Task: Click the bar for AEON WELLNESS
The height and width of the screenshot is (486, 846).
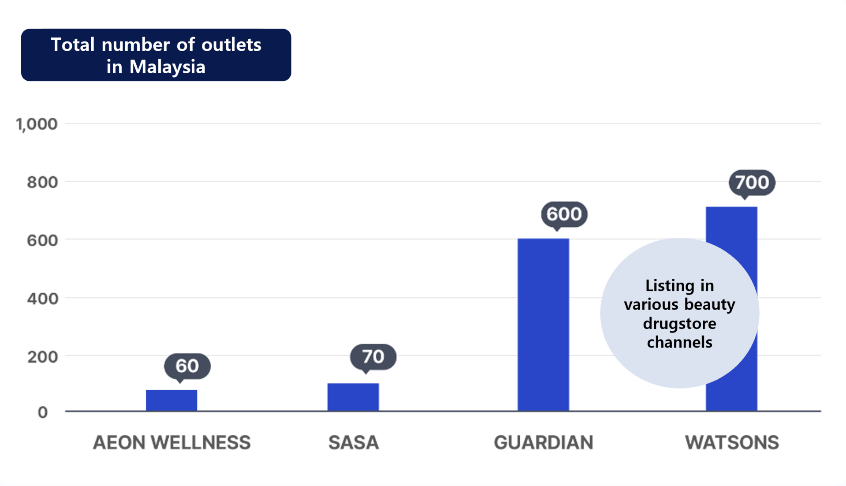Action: [171, 400]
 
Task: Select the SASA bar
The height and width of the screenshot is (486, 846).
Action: [353, 397]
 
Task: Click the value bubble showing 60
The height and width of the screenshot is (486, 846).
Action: [187, 366]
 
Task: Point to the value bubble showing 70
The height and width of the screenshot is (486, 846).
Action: [373, 356]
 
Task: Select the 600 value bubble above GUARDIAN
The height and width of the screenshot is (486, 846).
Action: [564, 214]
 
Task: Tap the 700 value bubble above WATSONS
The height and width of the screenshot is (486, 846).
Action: [752, 182]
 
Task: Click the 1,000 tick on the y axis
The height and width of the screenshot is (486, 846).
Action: [37, 124]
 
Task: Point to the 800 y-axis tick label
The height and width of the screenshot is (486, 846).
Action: [42, 182]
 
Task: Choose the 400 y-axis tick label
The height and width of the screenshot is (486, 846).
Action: [42, 299]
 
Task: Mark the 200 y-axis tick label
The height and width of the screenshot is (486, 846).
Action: [42, 357]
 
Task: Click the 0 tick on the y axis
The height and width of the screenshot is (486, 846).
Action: [43, 412]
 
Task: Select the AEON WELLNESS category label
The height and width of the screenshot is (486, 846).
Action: [171, 442]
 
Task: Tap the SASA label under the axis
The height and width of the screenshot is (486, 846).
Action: [354, 442]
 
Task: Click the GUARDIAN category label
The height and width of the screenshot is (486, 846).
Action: [543, 442]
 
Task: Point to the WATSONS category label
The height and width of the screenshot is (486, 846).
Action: [732, 442]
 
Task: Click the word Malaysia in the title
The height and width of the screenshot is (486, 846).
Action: [168, 67]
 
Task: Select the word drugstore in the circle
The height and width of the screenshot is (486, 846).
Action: [679, 323]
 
